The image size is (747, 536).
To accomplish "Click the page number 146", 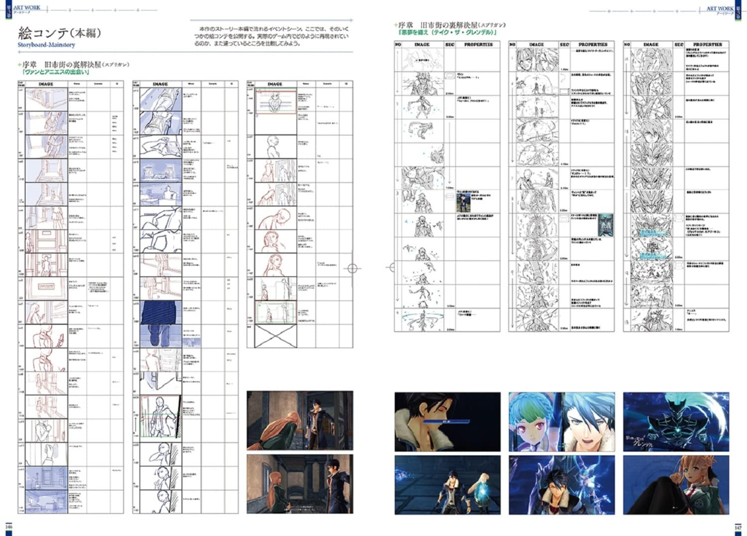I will pos(8,527).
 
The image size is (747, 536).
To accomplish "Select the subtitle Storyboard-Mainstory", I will pos(46,45).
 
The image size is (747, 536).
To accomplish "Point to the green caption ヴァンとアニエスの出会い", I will pos(54,72).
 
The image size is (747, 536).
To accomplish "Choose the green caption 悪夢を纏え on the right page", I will pos(447,32).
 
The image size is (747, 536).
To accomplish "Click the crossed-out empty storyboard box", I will pos(275,336).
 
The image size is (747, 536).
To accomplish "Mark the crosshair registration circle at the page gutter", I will pos(353,268).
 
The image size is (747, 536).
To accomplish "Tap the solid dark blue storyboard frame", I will pos(160,312).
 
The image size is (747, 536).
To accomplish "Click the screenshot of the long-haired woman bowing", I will pos(300,420).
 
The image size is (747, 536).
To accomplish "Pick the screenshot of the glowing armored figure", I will pos(676,422).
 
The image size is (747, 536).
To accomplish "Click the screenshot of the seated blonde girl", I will pos(676,485).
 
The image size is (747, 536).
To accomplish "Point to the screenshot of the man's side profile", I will pos(447,422).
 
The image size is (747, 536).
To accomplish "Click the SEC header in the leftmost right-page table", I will pos(450,44).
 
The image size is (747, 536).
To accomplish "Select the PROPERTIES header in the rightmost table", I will pos(707,44).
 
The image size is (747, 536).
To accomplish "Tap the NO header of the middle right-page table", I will pos(512,44).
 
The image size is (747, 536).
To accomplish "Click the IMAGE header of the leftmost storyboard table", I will pos(46,84).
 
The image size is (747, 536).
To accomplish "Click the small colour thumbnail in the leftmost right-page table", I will pos(464,203).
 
